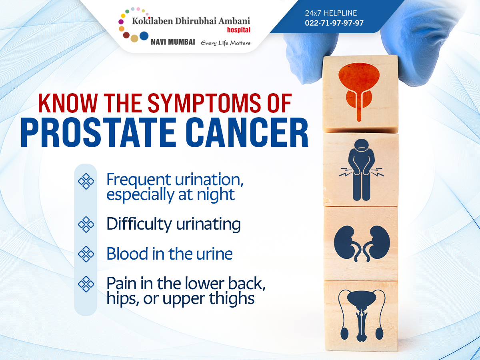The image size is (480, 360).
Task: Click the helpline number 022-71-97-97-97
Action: (334, 23)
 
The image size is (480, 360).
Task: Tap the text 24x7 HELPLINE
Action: (331, 13)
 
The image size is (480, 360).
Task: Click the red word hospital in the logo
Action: (238, 30)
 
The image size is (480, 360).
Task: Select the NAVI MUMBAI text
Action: (173, 42)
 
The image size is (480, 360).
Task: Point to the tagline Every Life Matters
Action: (226, 43)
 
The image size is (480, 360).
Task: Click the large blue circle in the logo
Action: (144, 36)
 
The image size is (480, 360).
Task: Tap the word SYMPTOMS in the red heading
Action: (204, 103)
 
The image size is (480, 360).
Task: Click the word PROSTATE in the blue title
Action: (98, 132)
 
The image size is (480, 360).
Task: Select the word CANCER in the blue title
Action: (247, 132)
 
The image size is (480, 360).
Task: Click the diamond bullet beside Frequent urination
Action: (86, 181)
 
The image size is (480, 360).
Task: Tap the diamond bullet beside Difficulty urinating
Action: (86, 224)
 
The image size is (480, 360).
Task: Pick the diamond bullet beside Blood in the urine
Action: (86, 254)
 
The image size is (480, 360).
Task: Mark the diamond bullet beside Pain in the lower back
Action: (86, 284)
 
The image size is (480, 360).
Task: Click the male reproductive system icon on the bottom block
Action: (362, 316)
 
